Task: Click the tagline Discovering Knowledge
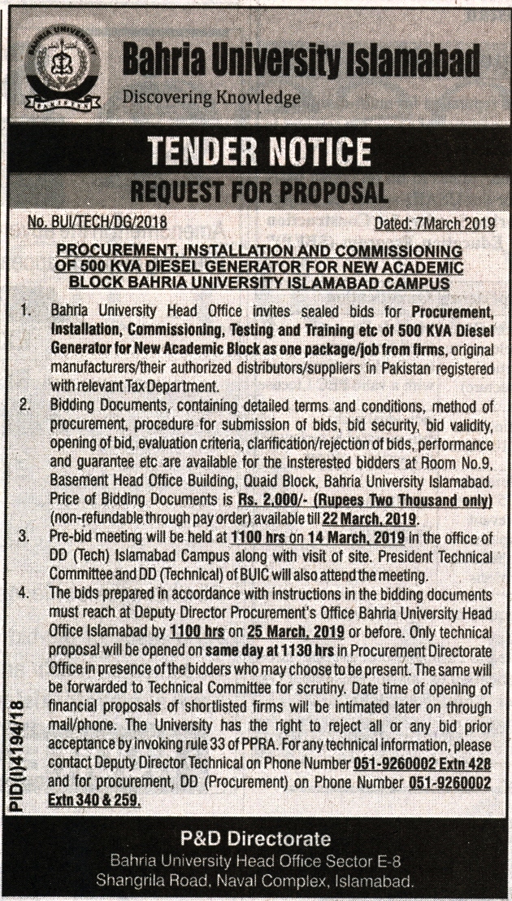pyautogui.click(x=199, y=98)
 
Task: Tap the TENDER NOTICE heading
pyautogui.click(x=259, y=151)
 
